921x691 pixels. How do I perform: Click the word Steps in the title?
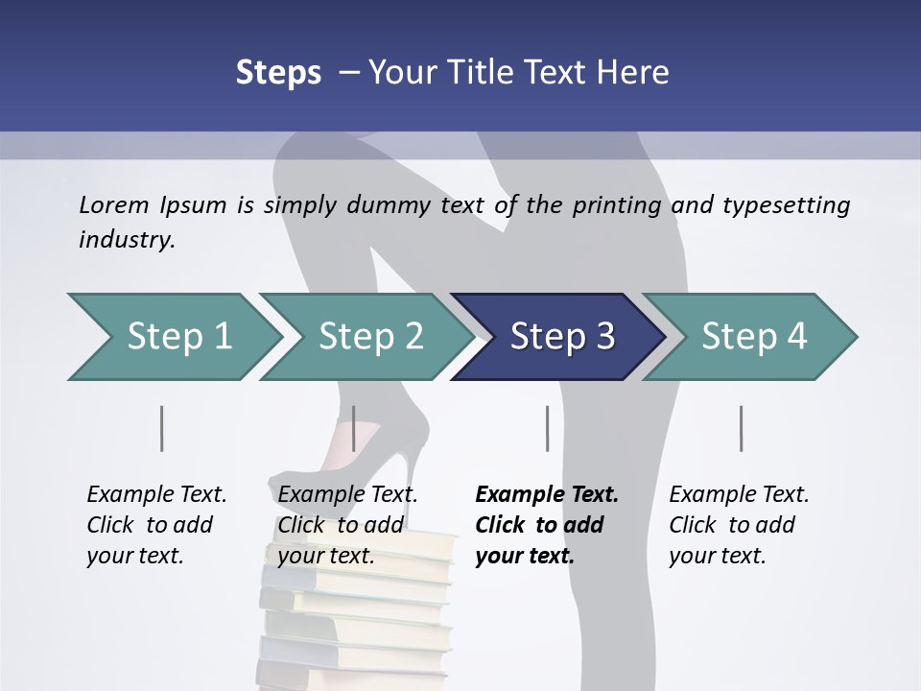tap(278, 73)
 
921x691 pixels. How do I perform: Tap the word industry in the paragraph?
tap(127, 240)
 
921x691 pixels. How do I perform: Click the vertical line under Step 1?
tap(161, 428)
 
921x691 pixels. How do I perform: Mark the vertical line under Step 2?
tap(354, 428)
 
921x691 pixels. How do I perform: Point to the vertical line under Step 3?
tap(547, 428)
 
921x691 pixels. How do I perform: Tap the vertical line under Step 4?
tap(741, 428)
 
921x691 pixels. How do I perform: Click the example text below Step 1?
tap(155, 525)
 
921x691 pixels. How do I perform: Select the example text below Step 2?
tap(346, 525)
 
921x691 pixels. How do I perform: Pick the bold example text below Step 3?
tap(546, 525)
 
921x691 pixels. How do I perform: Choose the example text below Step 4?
tap(738, 525)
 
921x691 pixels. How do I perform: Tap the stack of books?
tap(355, 614)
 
